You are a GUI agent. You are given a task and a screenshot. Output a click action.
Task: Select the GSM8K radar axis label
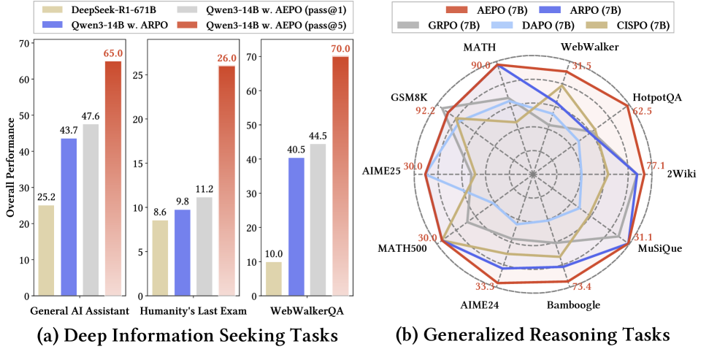click(410, 97)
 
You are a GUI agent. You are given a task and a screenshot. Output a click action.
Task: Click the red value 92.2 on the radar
click(424, 112)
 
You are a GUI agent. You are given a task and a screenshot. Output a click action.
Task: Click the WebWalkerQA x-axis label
click(307, 311)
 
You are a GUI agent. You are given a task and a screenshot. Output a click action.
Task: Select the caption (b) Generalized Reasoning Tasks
click(532, 336)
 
